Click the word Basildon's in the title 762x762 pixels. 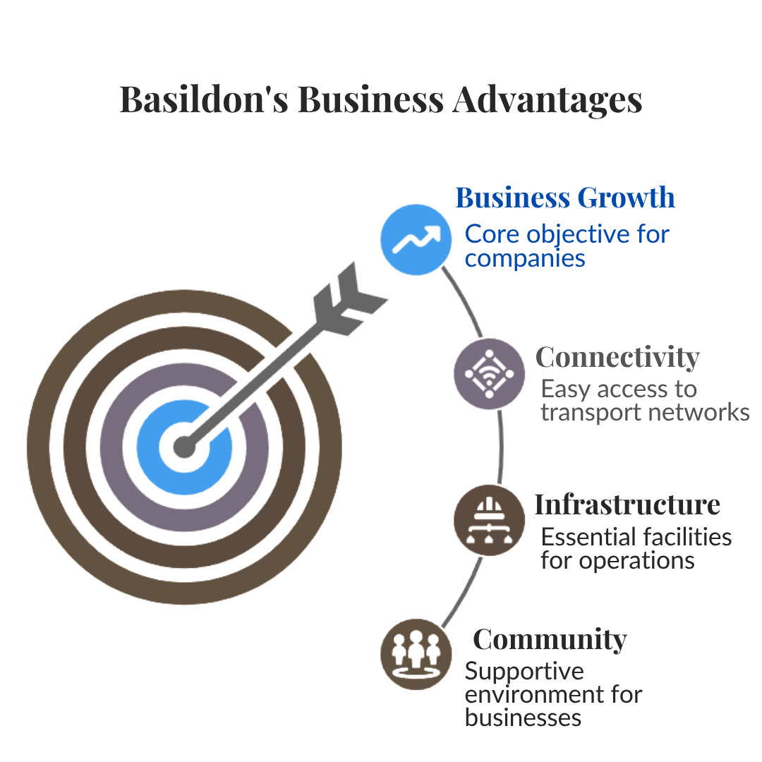(204, 99)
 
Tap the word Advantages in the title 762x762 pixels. (547, 99)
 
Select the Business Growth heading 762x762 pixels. (565, 198)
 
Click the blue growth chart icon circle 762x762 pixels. (416, 240)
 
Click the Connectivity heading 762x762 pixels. (617, 358)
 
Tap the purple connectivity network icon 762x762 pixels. (489, 375)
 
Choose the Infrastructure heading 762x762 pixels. (627, 505)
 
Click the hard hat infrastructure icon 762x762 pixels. (489, 521)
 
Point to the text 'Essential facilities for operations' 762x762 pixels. (635, 548)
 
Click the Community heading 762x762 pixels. (550, 639)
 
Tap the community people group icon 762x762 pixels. (415, 653)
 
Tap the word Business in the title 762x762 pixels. (370, 99)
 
